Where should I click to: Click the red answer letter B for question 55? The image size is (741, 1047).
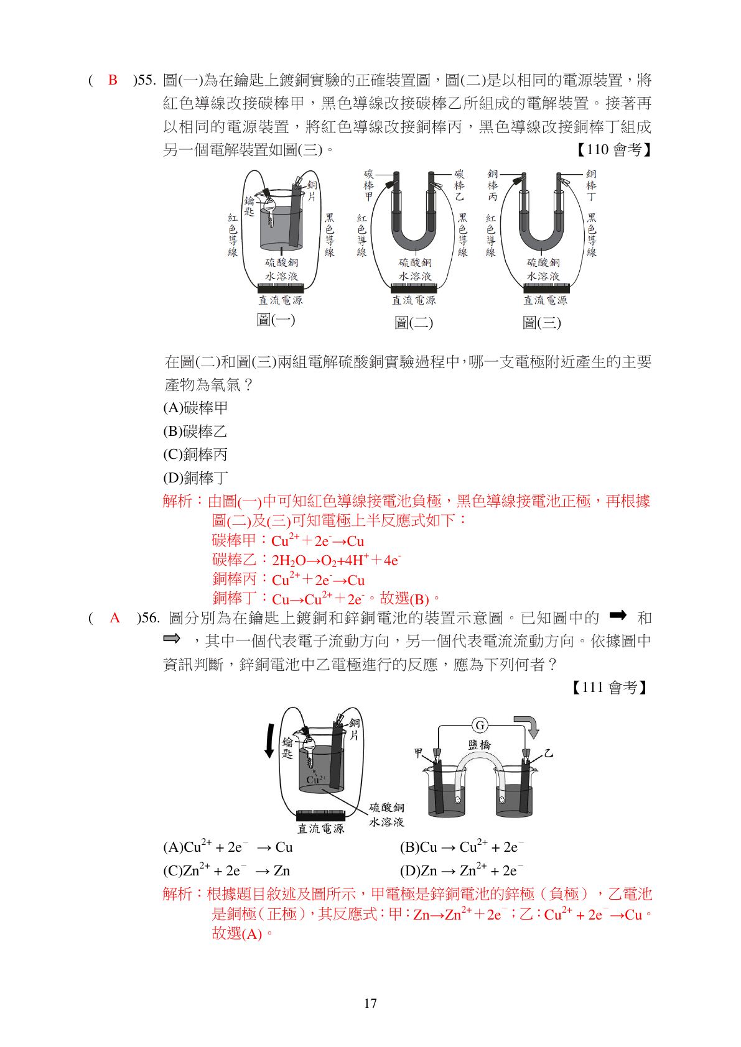113,80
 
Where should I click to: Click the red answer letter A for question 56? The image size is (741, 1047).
114,618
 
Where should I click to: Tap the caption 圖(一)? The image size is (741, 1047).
276,320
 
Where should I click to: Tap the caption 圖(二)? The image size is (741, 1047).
413,323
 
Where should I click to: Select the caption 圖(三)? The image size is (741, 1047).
541,323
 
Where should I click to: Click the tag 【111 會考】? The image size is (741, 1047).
610,688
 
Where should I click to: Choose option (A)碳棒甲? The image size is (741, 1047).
195,408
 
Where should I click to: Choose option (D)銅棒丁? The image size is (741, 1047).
195,478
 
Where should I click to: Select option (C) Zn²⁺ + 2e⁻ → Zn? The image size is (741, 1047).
226,870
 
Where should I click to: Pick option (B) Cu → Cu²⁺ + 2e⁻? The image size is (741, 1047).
462,847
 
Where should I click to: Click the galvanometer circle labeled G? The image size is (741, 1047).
480,725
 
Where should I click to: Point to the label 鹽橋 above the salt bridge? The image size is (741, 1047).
479,745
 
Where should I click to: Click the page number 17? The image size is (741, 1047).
370,1003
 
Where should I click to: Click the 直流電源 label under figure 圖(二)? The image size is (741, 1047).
414,300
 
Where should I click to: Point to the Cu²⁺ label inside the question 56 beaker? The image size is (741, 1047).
315,779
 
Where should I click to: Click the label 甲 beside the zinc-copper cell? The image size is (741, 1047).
419,753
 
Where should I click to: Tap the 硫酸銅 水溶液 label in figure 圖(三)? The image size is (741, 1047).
543,269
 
